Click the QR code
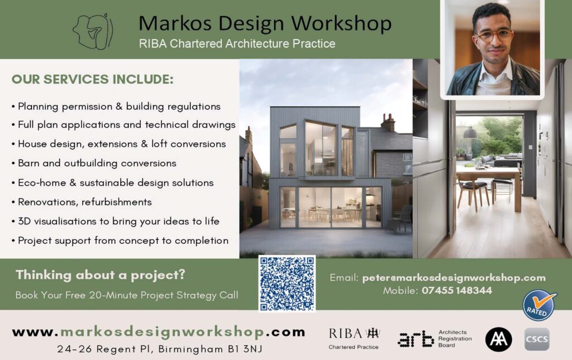coord(287,284)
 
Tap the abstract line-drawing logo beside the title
coord(93,32)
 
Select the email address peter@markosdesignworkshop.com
coord(454,278)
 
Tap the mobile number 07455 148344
coord(457,290)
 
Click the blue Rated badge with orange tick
coord(539,305)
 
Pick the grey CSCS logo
coord(537,339)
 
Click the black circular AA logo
coord(498,339)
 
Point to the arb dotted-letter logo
coord(416,339)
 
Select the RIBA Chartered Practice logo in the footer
coord(354,338)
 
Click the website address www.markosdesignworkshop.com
coord(158,332)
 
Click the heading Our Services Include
coord(93,79)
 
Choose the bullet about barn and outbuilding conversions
coord(94,163)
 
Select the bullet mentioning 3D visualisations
coord(115,221)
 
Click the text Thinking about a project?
coord(101,275)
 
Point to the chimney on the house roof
coord(388,122)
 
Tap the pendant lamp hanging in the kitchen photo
coord(470,133)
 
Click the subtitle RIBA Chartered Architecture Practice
coord(237,44)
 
